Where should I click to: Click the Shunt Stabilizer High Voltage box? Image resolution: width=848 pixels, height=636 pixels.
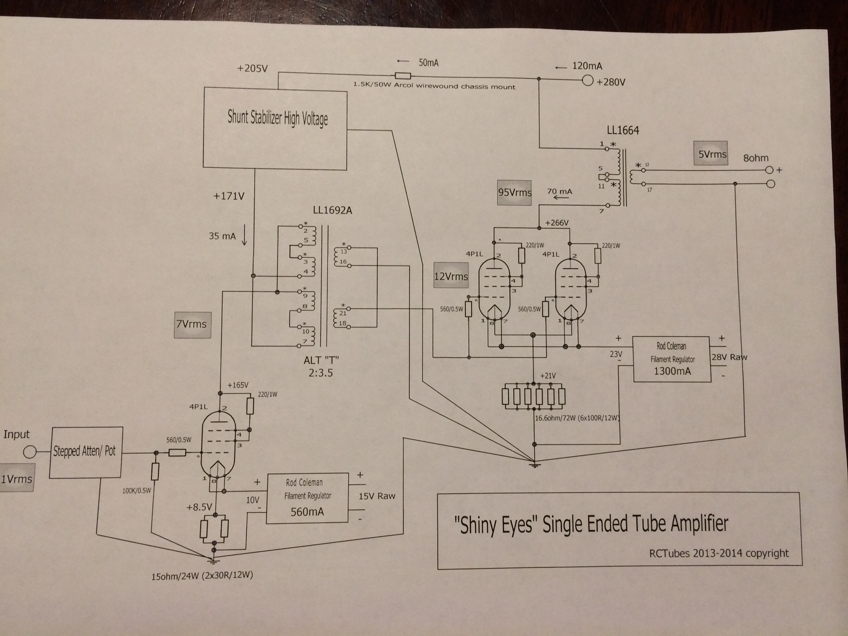pyautogui.click(x=275, y=129)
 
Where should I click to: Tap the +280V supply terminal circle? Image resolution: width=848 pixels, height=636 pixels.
pyautogui.click(x=588, y=81)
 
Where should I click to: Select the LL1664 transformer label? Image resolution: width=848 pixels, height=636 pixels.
pyautogui.click(x=622, y=130)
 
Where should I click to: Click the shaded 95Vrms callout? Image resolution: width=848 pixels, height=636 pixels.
pyautogui.click(x=514, y=192)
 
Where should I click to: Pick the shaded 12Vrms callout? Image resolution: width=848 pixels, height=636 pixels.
pyautogui.click(x=451, y=276)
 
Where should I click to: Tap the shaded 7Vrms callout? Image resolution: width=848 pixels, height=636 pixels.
pyautogui.click(x=192, y=324)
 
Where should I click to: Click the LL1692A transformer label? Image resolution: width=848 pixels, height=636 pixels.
pyautogui.click(x=332, y=210)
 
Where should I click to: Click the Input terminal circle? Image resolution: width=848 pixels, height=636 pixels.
pyautogui.click(x=30, y=452)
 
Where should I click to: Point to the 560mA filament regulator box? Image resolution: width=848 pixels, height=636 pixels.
pyautogui.click(x=307, y=498)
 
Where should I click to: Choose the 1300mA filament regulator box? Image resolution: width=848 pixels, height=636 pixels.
pyautogui.click(x=671, y=359)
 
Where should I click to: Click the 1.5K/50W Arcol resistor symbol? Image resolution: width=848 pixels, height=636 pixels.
pyautogui.click(x=403, y=75)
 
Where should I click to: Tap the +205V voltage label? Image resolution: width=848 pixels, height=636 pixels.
pyautogui.click(x=252, y=68)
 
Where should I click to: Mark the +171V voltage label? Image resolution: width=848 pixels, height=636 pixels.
pyautogui.click(x=228, y=196)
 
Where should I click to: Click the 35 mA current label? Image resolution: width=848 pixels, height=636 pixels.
pyautogui.click(x=222, y=236)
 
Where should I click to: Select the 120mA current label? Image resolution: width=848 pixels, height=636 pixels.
pyautogui.click(x=587, y=66)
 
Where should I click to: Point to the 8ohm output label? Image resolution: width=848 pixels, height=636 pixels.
pyautogui.click(x=756, y=158)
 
